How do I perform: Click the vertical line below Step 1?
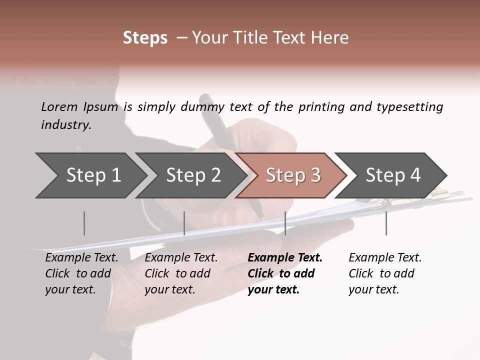(84, 223)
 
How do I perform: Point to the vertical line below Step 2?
(184, 223)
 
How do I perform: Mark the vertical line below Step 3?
(285, 223)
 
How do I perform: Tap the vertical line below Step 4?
(386, 223)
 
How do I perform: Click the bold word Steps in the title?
(145, 38)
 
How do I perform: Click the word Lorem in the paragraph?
(59, 106)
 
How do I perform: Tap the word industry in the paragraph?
(65, 124)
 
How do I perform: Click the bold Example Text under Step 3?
(285, 257)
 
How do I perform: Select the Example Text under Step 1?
(81, 257)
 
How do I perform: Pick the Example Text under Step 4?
(385, 257)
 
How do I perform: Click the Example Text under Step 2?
(181, 257)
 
